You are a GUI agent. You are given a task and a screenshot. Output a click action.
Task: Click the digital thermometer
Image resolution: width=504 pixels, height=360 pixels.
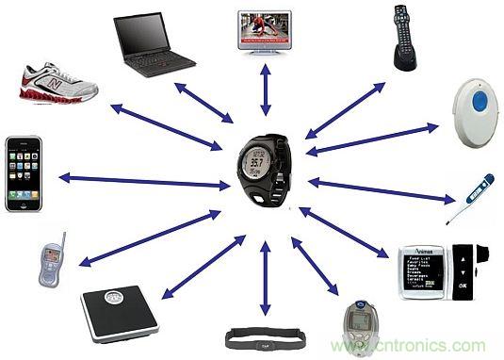(469, 198)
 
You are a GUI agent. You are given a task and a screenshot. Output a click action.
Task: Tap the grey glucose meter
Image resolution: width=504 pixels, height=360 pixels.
(357, 324)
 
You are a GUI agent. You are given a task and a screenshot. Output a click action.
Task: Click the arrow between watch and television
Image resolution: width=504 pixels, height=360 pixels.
(266, 91)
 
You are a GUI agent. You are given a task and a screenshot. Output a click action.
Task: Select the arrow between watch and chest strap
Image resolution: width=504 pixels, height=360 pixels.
(265, 277)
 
